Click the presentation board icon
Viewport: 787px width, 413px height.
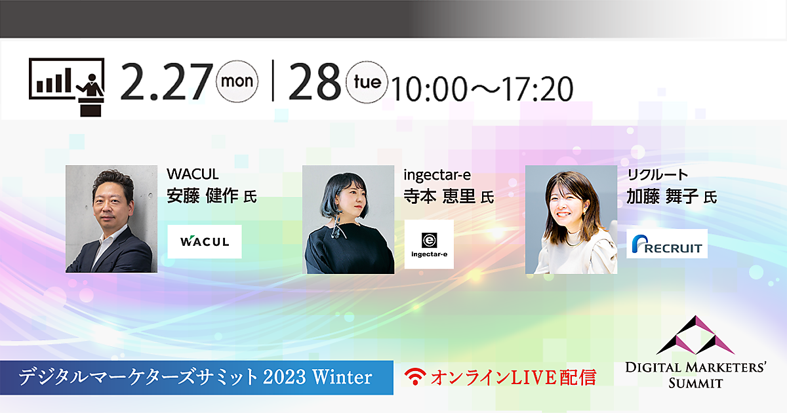[67, 87]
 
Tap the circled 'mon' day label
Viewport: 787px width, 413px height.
[237, 81]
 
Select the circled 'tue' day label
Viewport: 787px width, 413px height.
[367, 82]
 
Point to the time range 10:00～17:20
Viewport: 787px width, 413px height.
[482, 89]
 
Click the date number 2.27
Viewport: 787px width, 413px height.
[167, 82]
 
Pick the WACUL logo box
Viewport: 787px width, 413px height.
[205, 242]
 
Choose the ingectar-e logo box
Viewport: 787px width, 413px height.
[429, 245]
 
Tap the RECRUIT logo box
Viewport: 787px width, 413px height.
[667, 244]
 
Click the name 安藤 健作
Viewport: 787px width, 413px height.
[203, 195]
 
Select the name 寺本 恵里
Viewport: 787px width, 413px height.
[439, 196]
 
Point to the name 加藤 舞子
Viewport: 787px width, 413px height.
[662, 196]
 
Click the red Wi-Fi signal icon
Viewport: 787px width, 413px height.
[415, 376]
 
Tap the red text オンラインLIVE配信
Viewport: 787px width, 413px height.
[514, 377]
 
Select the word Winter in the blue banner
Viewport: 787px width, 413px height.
[342, 377]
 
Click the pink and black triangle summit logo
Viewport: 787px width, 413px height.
[695, 335]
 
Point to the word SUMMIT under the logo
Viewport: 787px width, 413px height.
[696, 383]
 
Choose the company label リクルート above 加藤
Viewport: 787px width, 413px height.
[658, 174]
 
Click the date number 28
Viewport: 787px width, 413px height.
[315, 82]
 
